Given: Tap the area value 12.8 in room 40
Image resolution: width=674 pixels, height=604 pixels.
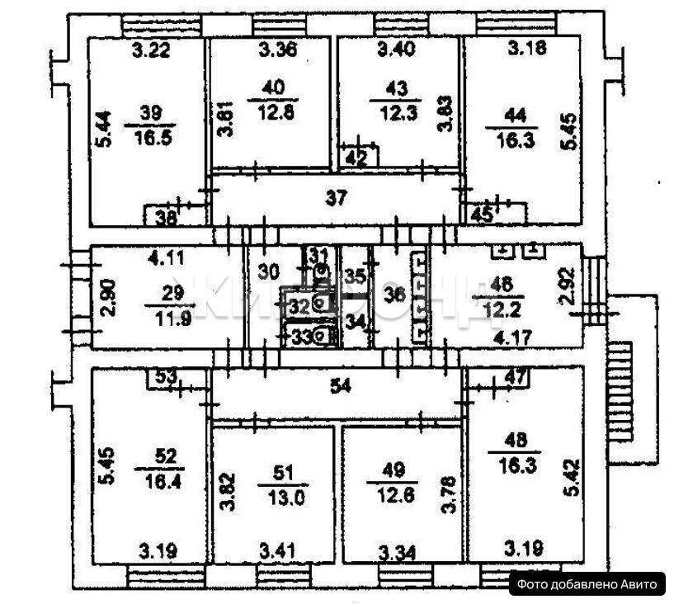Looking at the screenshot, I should coord(271,106).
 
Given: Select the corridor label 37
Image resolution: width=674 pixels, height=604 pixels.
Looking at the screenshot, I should coord(335,197).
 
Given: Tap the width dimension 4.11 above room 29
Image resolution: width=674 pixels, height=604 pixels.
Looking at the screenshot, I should coord(165,257).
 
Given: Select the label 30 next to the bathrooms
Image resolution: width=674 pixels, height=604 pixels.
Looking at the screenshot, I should coord(267,271).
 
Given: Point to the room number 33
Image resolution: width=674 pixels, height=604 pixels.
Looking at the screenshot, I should coord(296,335).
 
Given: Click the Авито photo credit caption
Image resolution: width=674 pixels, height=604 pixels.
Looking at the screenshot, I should coord(587,584).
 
